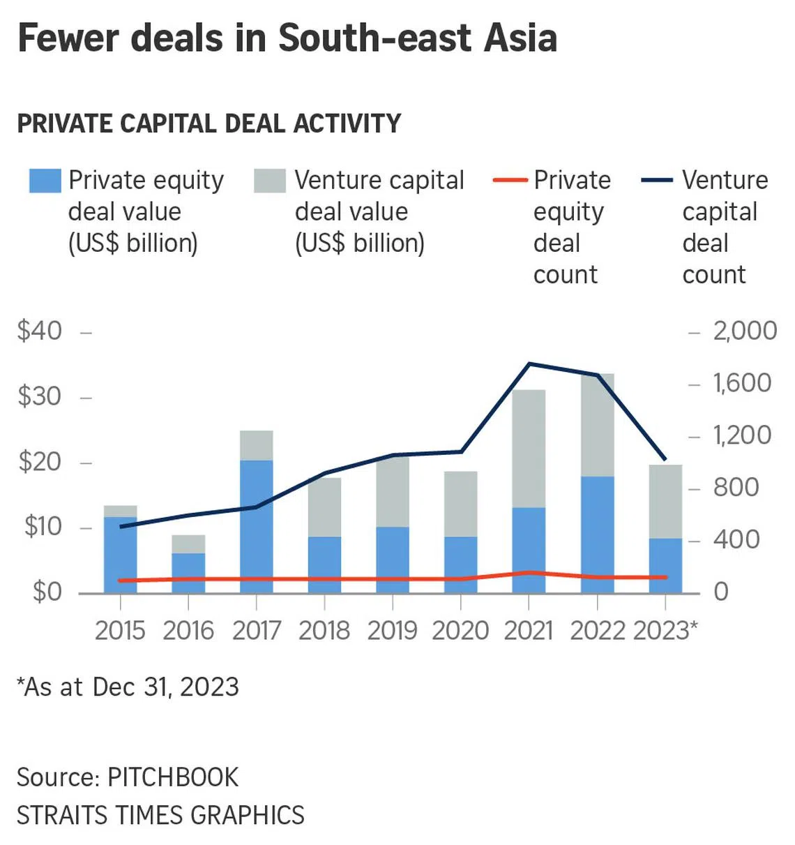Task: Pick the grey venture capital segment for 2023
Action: point(665,501)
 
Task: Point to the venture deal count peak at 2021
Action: point(529,364)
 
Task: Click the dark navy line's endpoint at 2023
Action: point(665,461)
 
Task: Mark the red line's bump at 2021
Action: point(529,573)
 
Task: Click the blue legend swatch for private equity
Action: point(45,180)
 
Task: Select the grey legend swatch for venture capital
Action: point(270,180)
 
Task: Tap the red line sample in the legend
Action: point(510,180)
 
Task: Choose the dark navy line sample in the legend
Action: point(657,180)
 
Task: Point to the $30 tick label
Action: point(40,396)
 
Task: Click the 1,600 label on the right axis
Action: point(742,383)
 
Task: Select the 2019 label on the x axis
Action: point(392,631)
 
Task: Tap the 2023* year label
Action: point(665,631)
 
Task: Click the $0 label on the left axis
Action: point(47,592)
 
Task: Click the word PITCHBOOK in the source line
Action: point(173,777)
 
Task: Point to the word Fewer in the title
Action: point(68,38)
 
